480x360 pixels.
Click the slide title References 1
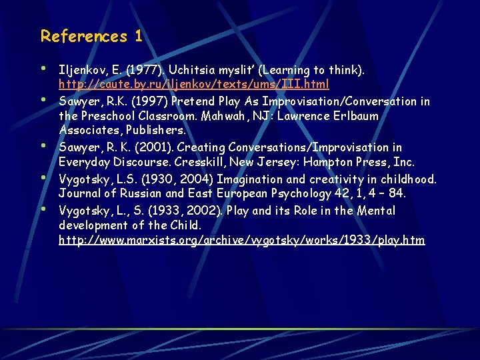91,36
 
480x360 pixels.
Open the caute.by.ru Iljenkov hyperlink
193,85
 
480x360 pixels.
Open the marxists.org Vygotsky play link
241,240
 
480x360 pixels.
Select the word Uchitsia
191,70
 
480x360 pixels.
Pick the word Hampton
327,162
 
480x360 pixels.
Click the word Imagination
247,179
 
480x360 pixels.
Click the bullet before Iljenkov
43,69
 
